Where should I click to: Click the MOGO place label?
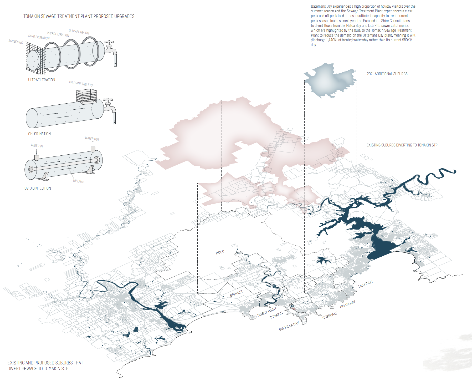[220, 252]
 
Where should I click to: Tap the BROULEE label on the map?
[237, 293]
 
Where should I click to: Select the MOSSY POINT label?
[267, 312]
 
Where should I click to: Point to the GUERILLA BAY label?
[289, 326]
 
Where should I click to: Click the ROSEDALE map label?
[330, 315]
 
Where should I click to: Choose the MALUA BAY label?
[347, 304]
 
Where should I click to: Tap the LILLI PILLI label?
[365, 284]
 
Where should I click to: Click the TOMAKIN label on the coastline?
[276, 315]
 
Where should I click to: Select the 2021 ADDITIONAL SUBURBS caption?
[387, 74]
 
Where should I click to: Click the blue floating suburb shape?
[330, 80]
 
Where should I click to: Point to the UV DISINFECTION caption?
[38, 188]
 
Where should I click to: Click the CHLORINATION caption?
[39, 134]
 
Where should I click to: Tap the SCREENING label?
[16, 42]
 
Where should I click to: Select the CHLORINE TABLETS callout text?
[81, 84]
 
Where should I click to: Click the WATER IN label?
[37, 146]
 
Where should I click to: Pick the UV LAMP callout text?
[79, 181]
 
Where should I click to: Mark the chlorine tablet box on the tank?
[86, 95]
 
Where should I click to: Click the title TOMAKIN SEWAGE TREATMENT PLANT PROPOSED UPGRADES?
[79, 16]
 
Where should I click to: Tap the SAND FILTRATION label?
[39, 37]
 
